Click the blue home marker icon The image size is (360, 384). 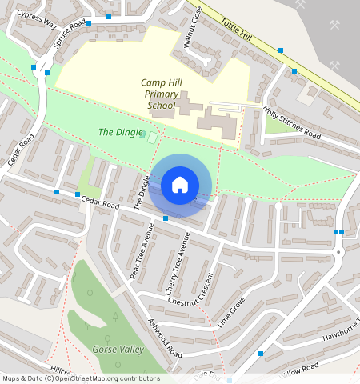180,185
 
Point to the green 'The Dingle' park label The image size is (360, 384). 120,132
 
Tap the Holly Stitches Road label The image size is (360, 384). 292,125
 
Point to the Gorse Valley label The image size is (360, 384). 118,350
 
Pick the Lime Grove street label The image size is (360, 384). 231,312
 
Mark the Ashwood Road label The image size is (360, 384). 165,338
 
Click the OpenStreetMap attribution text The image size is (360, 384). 81,378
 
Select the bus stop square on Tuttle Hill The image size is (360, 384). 281,50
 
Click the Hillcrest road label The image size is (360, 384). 60,370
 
